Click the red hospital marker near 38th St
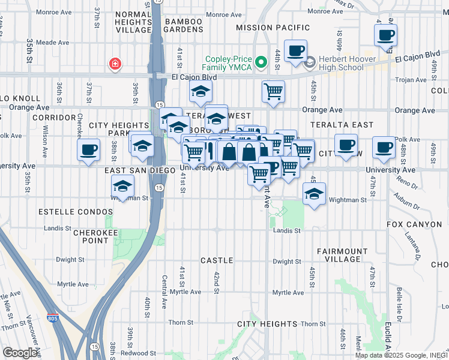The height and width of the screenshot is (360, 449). coord(113,64)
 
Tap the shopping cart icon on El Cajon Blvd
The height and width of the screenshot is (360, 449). coord(273,91)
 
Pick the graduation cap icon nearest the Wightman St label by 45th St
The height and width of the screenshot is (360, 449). coord(314,194)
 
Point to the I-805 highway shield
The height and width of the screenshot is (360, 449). coord(54,318)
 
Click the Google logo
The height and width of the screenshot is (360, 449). coord(20,353)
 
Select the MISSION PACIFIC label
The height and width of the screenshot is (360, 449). coord(273,28)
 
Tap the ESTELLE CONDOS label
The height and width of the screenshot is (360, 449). coord(75,212)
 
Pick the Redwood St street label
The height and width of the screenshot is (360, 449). coord(139,353)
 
